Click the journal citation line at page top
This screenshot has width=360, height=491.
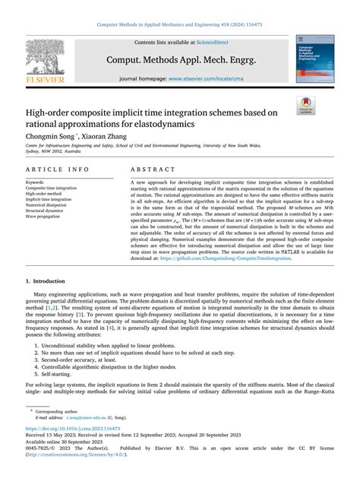point(179,25)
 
